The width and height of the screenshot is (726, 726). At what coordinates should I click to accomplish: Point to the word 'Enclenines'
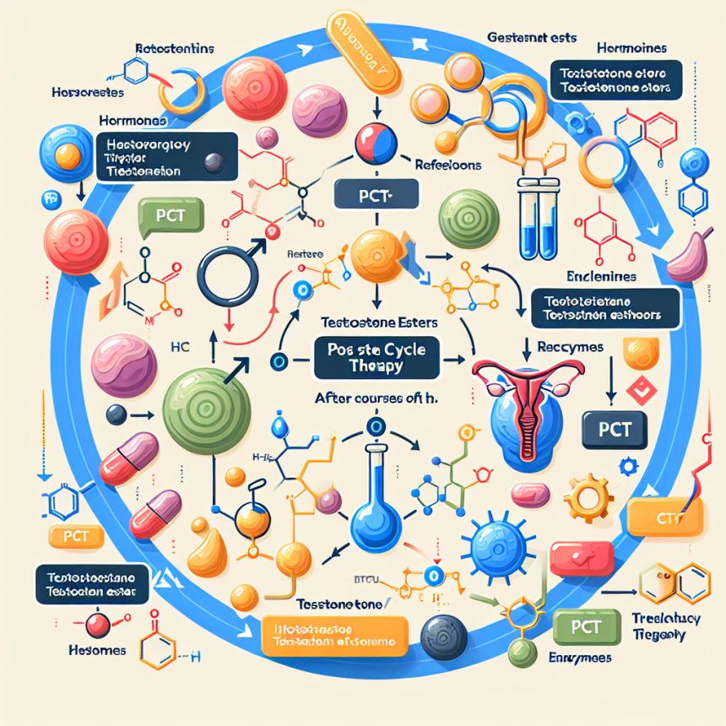click(601, 276)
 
